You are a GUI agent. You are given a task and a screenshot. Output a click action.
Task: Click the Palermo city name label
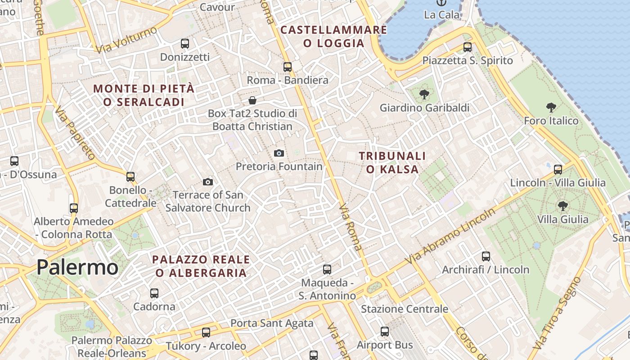coord(77,267)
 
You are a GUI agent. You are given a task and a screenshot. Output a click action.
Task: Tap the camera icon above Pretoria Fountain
coord(279,153)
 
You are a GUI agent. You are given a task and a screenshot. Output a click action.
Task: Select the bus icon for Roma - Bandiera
coord(288,67)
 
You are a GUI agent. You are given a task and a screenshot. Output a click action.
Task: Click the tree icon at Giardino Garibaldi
coord(424,94)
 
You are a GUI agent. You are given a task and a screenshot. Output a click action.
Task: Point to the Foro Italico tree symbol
coord(551,108)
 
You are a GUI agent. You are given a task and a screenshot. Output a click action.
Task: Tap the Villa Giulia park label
coord(562,219)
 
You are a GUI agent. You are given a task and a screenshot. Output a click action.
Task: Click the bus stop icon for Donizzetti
coord(185,44)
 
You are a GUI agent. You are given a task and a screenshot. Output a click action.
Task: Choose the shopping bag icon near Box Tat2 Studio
coord(252,100)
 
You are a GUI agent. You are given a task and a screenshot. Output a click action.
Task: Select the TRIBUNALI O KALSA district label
coord(392,162)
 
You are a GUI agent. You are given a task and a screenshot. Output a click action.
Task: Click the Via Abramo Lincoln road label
coord(450,236)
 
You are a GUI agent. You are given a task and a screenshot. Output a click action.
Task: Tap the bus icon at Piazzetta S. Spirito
coord(468,47)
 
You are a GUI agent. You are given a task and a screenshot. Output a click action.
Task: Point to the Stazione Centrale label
coord(405,309)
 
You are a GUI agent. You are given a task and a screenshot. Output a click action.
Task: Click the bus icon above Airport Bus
coord(385,332)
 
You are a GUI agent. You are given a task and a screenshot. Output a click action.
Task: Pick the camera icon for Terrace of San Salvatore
coord(207,182)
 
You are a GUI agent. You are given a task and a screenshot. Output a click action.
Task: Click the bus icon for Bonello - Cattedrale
coord(130,177)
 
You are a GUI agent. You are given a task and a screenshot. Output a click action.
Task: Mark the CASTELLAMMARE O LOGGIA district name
coord(333,36)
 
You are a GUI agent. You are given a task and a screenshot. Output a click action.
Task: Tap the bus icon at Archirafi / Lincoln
coord(486,256)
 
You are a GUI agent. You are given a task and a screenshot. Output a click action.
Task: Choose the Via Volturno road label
coord(127,40)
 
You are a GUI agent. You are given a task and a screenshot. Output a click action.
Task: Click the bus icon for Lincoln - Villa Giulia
coord(558,170)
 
